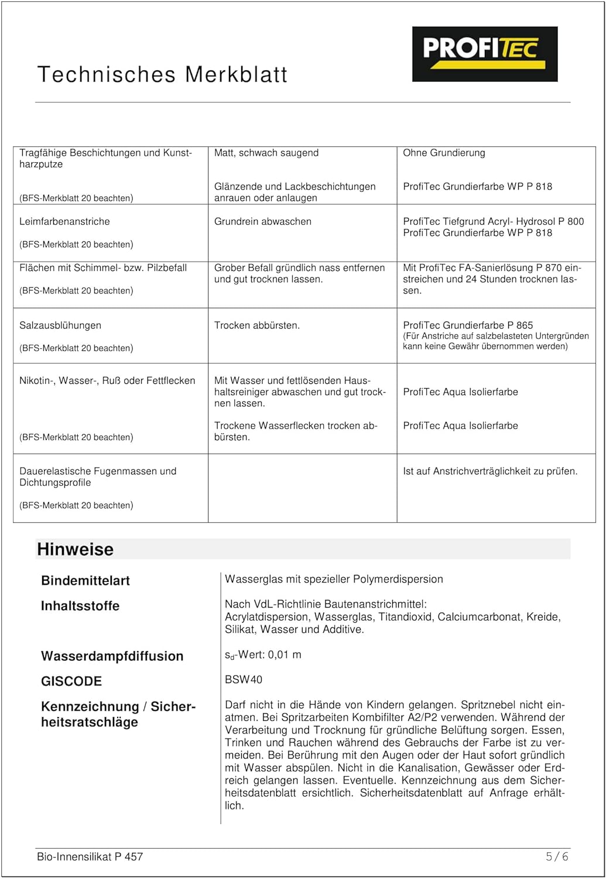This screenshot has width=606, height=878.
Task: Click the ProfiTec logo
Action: click(x=484, y=54)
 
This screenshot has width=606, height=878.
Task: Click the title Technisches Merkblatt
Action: click(x=162, y=75)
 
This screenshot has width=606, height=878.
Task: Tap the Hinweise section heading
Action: click(x=76, y=549)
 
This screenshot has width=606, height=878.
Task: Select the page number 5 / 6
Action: click(x=557, y=856)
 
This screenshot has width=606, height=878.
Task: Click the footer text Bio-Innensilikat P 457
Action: click(x=90, y=856)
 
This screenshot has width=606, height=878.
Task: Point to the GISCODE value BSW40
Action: click(x=244, y=680)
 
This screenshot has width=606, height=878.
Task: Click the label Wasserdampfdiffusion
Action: click(x=112, y=656)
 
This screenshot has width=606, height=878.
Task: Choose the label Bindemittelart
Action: click(x=85, y=581)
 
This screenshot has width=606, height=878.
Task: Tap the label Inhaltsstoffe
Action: click(x=80, y=606)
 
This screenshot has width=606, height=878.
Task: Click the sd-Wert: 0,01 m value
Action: click(x=263, y=655)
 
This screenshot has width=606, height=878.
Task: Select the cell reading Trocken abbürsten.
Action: click(x=256, y=325)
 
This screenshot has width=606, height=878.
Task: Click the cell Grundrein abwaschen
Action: click(x=262, y=221)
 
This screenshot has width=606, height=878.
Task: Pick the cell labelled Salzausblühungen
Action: click(x=60, y=325)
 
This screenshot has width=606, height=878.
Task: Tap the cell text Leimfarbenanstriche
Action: click(x=64, y=221)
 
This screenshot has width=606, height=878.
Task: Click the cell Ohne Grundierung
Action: click(x=444, y=153)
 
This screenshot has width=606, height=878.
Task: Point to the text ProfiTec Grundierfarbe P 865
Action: click(x=468, y=325)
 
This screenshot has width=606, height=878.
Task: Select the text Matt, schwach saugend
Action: click(x=266, y=153)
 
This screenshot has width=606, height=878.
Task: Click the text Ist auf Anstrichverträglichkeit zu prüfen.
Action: click(x=490, y=471)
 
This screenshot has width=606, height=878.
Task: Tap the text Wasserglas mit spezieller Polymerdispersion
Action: click(x=334, y=579)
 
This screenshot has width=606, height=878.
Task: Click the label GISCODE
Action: click(x=71, y=681)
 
